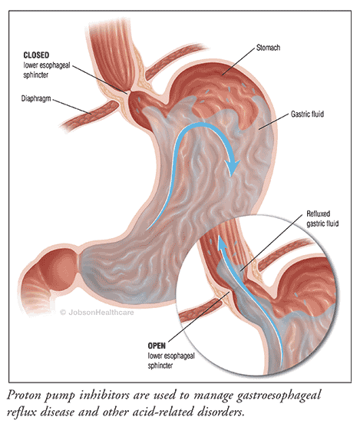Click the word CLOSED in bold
pos(36,55)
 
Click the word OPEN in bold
pos(157,346)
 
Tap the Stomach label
pos(268,48)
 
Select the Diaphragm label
pos(36,98)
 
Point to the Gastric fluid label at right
pos(307,114)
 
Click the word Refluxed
pos(318,214)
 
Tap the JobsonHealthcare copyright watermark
pos(97,313)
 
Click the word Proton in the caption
pos(24,396)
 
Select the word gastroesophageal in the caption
pos(279,396)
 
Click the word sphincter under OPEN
pos(160,366)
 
